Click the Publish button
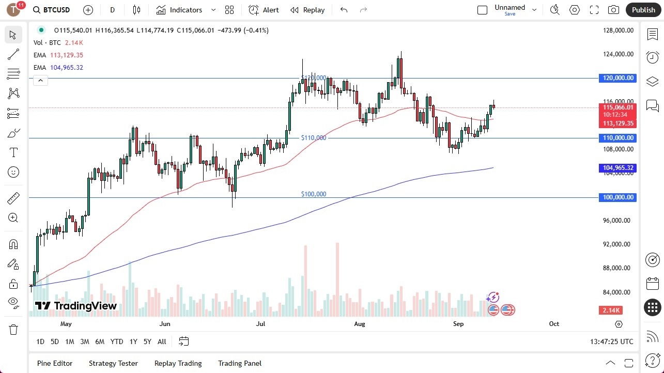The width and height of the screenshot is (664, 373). pyautogui.click(x=643, y=10)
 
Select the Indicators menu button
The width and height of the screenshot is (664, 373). pyautogui.click(x=186, y=10)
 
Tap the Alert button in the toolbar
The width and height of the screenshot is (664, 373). pyautogui.click(x=264, y=10)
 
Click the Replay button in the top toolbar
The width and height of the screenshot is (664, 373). pyautogui.click(x=307, y=10)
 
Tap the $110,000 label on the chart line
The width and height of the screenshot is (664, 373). pyautogui.click(x=314, y=138)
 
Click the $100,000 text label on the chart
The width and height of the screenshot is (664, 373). pyautogui.click(x=314, y=194)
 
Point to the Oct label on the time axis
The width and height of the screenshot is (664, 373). pyautogui.click(x=554, y=324)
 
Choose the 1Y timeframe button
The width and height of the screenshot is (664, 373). pyautogui.click(x=133, y=341)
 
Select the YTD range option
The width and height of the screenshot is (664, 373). pyautogui.click(x=117, y=341)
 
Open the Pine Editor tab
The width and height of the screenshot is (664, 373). pyautogui.click(x=55, y=363)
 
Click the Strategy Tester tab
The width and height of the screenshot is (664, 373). pyautogui.click(x=113, y=363)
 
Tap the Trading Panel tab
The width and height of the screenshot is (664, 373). pyautogui.click(x=240, y=363)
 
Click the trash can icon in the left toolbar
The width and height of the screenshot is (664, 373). pyautogui.click(x=13, y=329)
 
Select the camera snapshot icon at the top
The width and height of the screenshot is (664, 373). pyautogui.click(x=613, y=10)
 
